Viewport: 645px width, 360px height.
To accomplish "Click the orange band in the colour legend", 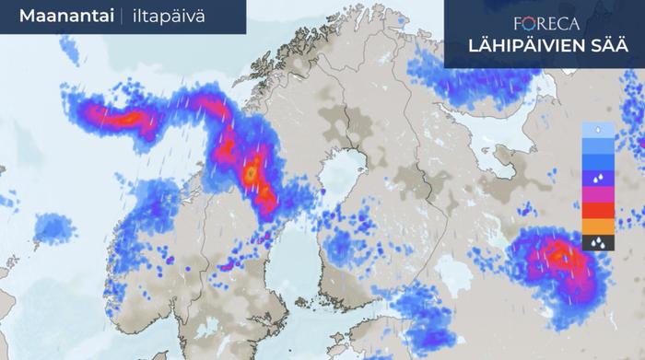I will pos(598,226).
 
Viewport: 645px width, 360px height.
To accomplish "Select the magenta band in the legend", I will pos(598,194).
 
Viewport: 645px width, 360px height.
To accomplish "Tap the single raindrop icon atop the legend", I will pos(598,130).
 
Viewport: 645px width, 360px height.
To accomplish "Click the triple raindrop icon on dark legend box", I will pos(598,243).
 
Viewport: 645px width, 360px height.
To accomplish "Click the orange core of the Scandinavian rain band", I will pos(250,172).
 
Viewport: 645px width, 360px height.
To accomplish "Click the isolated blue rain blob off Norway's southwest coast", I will pos(54,226).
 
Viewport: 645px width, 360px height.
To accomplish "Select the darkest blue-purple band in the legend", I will pos(598,179).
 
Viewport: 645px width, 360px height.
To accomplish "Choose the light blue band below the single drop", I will pos(598,145).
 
